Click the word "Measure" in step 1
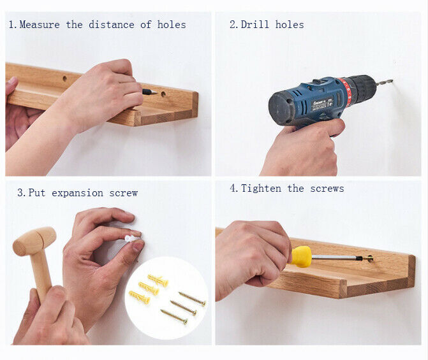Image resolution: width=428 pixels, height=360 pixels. point(40,25)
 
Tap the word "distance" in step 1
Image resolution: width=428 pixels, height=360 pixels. point(112,25)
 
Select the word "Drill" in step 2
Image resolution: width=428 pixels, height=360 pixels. point(255,25)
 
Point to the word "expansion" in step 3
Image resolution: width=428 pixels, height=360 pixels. point(78,193)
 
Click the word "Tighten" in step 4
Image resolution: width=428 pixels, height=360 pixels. point(261,189)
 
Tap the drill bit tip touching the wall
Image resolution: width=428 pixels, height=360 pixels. point(392,80)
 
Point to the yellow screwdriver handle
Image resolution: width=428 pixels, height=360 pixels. point(301,257)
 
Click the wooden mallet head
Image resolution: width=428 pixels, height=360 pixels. point(34,241)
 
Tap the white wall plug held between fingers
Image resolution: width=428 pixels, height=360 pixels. point(131,239)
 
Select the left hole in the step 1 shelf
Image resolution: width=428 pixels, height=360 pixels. point(64,79)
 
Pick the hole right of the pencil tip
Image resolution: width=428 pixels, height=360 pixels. point(163,94)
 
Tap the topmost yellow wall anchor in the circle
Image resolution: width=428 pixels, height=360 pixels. point(158,280)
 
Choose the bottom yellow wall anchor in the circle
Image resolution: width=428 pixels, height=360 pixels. point(139,298)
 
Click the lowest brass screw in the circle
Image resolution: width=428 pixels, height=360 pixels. point(174,317)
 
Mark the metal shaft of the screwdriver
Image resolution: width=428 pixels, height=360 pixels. point(337,257)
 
